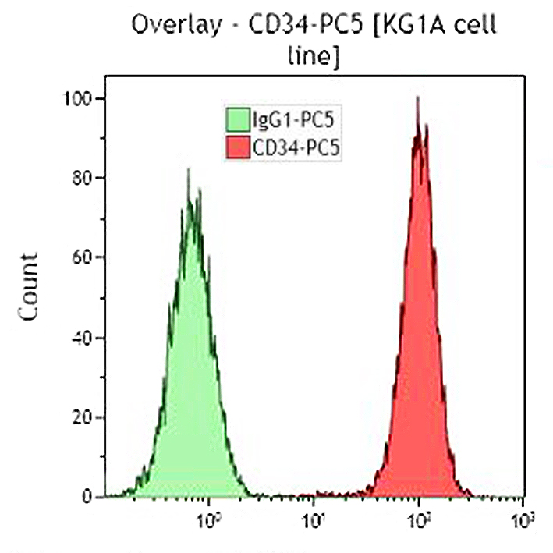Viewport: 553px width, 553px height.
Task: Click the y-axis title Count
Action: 29,297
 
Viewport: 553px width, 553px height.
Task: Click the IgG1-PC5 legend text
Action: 289,120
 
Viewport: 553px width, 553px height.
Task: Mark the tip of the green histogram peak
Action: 188,169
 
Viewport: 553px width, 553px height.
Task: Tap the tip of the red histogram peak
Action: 418,97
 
